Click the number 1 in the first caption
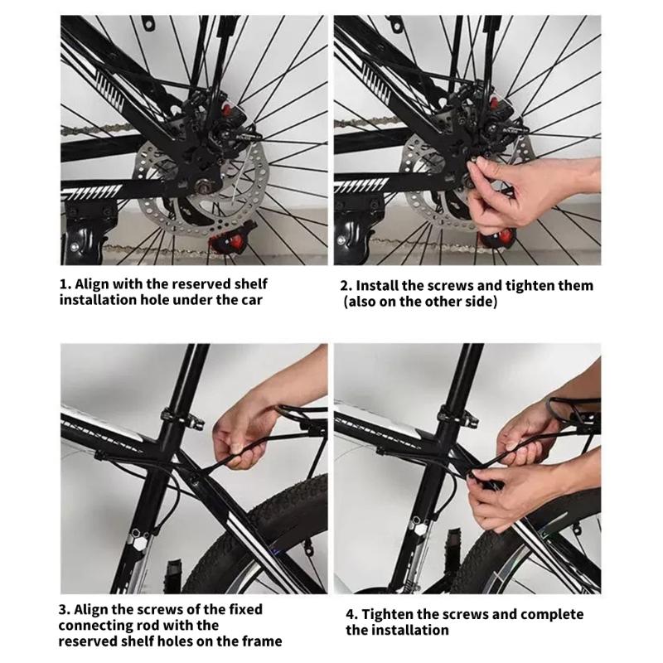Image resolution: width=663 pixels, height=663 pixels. coord(64,283)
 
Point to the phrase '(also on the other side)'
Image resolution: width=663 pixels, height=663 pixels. coord(420,302)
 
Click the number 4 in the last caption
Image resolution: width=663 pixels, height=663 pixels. coord(351,615)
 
